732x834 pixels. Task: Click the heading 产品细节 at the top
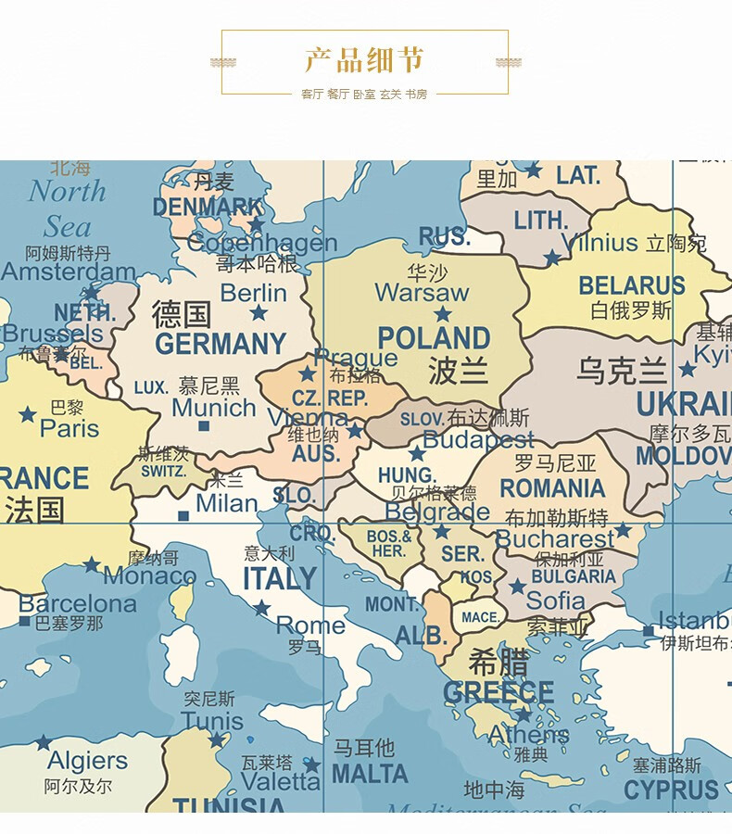pos(364,60)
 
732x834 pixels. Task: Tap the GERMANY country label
pos(221,345)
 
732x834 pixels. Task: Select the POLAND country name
pos(434,338)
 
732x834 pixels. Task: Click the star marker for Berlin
pos(259,314)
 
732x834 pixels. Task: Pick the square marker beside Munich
pos(204,426)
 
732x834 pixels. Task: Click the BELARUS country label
pos(632,285)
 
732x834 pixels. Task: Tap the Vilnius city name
pos(599,244)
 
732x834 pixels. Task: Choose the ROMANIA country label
pos(552,488)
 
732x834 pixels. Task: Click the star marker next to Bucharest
pos(624,530)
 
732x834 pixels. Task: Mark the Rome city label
pos(310,625)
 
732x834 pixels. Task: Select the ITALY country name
pos(280,579)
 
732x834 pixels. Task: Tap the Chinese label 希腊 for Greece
pos(499,663)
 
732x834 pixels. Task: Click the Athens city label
pos(528,735)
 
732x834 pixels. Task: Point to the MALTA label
pos(370,774)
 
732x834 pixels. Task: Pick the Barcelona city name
pos(78,604)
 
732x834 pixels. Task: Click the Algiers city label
pos(87,761)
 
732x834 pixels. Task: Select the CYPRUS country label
pos(672,790)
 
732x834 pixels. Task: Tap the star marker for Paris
pos(28,414)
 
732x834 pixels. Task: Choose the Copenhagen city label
pos(262,244)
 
